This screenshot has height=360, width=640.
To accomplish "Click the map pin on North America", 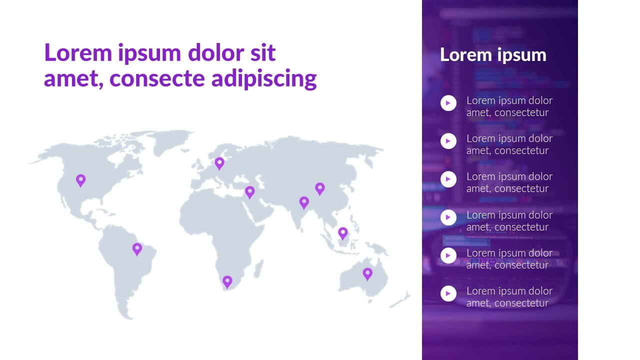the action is click(81, 180).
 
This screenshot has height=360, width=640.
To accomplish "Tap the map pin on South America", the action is click(137, 249).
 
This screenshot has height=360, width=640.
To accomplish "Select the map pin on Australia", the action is click(367, 274).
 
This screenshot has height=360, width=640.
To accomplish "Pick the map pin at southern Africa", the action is click(227, 282).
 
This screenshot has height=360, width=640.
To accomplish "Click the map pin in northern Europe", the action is click(219, 163).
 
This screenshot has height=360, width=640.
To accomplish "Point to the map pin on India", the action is click(304, 202).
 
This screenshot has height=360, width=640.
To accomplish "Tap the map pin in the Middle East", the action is click(249, 192).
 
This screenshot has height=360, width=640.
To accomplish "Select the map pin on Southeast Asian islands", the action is click(343, 233).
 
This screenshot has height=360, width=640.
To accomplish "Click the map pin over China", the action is click(320, 189).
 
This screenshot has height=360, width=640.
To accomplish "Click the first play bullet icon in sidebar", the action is click(448, 103).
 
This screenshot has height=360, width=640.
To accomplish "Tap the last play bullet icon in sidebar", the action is click(448, 293).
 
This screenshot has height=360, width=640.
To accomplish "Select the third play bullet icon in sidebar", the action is click(448, 179).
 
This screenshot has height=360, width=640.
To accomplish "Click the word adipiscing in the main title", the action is click(264, 79).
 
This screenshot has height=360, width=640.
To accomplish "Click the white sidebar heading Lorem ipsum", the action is click(493, 54).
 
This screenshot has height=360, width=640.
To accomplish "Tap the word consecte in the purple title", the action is click(157, 79).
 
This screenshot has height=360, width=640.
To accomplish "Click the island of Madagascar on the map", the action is click(258, 269).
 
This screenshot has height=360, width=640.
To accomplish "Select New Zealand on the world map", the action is click(400, 300).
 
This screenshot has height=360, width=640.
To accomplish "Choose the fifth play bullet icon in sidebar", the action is click(448, 255).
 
